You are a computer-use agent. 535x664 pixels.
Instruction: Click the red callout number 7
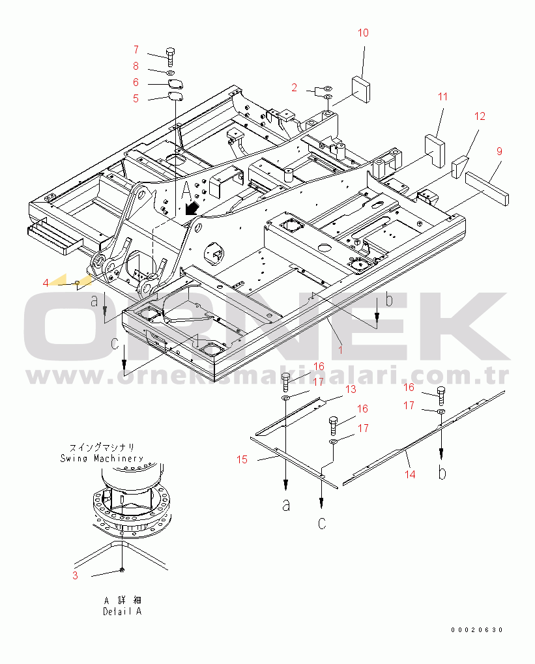pos(136,50)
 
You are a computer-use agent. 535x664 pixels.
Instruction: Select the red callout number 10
pos(363,33)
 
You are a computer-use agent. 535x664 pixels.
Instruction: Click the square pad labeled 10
pos(360,89)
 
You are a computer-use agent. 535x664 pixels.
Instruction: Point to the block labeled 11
pos(435,149)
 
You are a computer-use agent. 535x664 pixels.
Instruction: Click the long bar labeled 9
pos(487,188)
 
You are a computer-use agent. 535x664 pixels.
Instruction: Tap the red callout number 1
pos(340,350)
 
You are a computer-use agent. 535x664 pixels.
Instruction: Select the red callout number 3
pos(75,575)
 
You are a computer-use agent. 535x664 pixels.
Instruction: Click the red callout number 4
pos(46,283)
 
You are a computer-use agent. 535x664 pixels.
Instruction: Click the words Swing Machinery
pos(102,458)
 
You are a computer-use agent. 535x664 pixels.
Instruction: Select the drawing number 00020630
pos(476,629)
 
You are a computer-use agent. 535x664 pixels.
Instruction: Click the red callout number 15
pos(242,459)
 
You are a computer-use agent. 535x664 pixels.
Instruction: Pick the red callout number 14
pos(410,474)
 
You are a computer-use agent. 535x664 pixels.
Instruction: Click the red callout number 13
pos(351,389)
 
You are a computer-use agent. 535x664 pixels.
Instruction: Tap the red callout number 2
pos(295,88)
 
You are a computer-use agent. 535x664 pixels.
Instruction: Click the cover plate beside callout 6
pos(175,84)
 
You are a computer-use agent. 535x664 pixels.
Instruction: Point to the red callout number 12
pos(480,116)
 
